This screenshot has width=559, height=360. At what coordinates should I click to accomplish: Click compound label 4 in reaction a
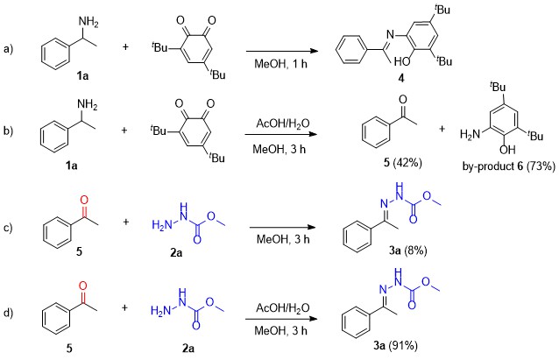point(401,79)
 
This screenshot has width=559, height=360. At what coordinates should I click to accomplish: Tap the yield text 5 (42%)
point(402,163)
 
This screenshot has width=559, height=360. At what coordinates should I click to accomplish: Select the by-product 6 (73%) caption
point(509,166)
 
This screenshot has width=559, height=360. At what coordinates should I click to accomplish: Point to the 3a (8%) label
point(407,251)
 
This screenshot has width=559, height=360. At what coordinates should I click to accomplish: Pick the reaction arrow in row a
point(281,51)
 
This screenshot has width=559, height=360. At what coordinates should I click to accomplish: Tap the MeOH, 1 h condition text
point(280,64)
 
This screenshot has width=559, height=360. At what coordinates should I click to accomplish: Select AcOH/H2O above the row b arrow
point(283,124)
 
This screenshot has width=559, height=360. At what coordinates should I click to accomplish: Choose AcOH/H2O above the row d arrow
point(283,308)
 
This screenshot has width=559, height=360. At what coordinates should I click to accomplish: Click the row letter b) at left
point(8,131)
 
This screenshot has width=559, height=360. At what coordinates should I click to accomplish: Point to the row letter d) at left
point(8,314)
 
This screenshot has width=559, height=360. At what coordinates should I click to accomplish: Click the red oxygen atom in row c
point(84,200)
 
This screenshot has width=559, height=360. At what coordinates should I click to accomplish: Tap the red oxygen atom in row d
point(82,286)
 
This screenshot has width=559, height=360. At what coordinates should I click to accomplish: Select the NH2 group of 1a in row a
point(88,22)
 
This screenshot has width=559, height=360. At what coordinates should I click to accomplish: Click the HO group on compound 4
point(402,62)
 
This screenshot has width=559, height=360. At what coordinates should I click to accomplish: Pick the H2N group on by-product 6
point(470,134)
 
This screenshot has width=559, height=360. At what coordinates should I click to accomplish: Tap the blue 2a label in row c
point(176,253)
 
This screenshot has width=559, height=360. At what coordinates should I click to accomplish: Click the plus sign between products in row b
point(442,129)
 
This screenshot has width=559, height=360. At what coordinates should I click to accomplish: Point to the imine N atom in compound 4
point(391,35)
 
